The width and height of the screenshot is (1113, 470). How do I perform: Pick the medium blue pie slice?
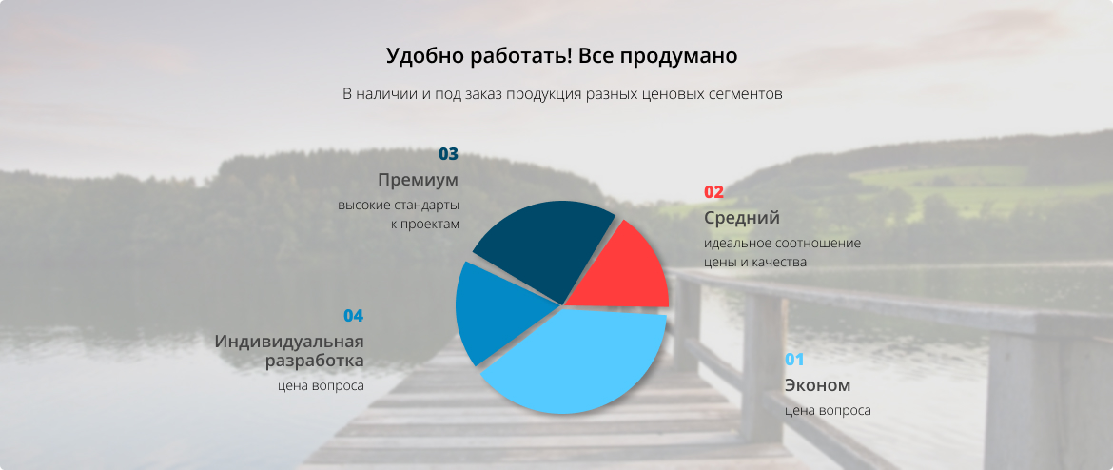497,312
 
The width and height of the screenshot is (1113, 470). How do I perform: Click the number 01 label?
794,360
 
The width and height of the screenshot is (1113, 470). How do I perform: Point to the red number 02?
713,191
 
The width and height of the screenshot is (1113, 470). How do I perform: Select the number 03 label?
449,154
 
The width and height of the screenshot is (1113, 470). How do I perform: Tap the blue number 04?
354,316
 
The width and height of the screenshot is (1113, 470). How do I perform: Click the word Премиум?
418,180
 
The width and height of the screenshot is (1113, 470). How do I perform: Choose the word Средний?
742,217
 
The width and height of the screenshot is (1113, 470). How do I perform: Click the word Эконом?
817,385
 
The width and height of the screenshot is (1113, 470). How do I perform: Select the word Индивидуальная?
289,342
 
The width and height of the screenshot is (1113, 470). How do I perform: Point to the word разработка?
315,361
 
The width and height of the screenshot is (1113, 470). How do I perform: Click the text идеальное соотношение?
782,243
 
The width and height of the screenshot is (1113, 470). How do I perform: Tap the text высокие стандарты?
399,206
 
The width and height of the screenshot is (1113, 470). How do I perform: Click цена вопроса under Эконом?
828,411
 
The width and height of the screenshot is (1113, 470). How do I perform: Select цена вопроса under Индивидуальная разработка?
321,386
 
